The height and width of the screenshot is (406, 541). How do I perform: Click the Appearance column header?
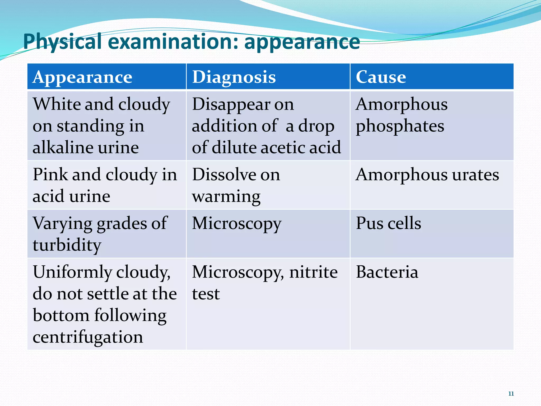pos(82,77)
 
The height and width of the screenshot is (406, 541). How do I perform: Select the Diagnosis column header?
pos(234,77)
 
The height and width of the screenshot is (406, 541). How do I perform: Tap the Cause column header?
pos(381,77)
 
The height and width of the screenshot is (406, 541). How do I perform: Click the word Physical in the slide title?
pos(62,42)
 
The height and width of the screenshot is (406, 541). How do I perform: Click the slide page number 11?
pos(511,394)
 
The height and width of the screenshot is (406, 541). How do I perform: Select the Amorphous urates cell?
pos(427,175)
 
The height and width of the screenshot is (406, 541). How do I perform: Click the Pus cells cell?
pos(388,223)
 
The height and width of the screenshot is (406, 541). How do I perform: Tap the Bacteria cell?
pos(387,272)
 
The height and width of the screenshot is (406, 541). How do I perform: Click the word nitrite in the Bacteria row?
pos(313,272)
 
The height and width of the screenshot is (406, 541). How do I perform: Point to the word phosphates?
pos(400,126)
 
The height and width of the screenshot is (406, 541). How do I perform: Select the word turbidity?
pos(67,245)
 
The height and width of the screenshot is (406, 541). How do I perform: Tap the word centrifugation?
pos(88,337)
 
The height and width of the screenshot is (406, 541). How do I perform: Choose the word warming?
pos(226,197)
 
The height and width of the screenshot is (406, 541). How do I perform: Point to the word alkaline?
pos(63,147)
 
